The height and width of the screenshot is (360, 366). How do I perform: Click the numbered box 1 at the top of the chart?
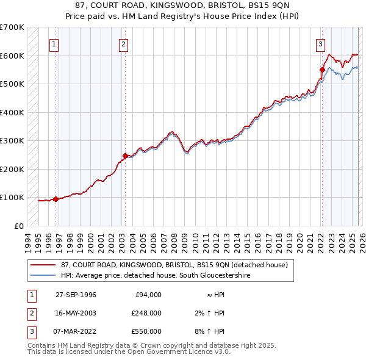point(54,44)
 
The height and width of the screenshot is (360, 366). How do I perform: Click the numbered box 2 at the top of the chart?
point(123,44)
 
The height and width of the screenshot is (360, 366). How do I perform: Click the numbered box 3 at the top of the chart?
point(320,44)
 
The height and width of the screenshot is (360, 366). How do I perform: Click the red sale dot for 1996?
point(56,199)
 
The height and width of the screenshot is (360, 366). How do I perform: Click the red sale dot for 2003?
point(124,156)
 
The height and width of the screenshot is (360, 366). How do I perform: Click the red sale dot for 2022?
point(322,70)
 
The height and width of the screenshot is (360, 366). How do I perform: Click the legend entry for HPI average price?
point(156,276)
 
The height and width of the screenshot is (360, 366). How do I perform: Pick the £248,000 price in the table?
point(146,313)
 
